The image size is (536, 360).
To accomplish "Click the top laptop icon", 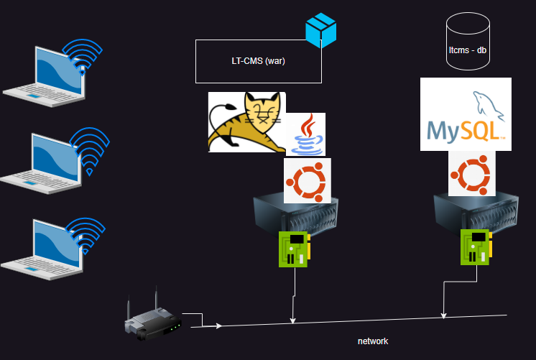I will [45, 76].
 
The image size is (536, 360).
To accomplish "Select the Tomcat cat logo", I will [246, 121].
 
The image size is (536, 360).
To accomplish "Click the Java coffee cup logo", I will [306, 134].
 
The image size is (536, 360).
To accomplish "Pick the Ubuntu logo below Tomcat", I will [308, 180].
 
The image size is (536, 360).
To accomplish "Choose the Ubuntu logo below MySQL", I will [472, 174].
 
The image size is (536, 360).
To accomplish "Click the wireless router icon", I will [152, 320].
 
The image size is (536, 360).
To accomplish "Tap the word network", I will [373, 341].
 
